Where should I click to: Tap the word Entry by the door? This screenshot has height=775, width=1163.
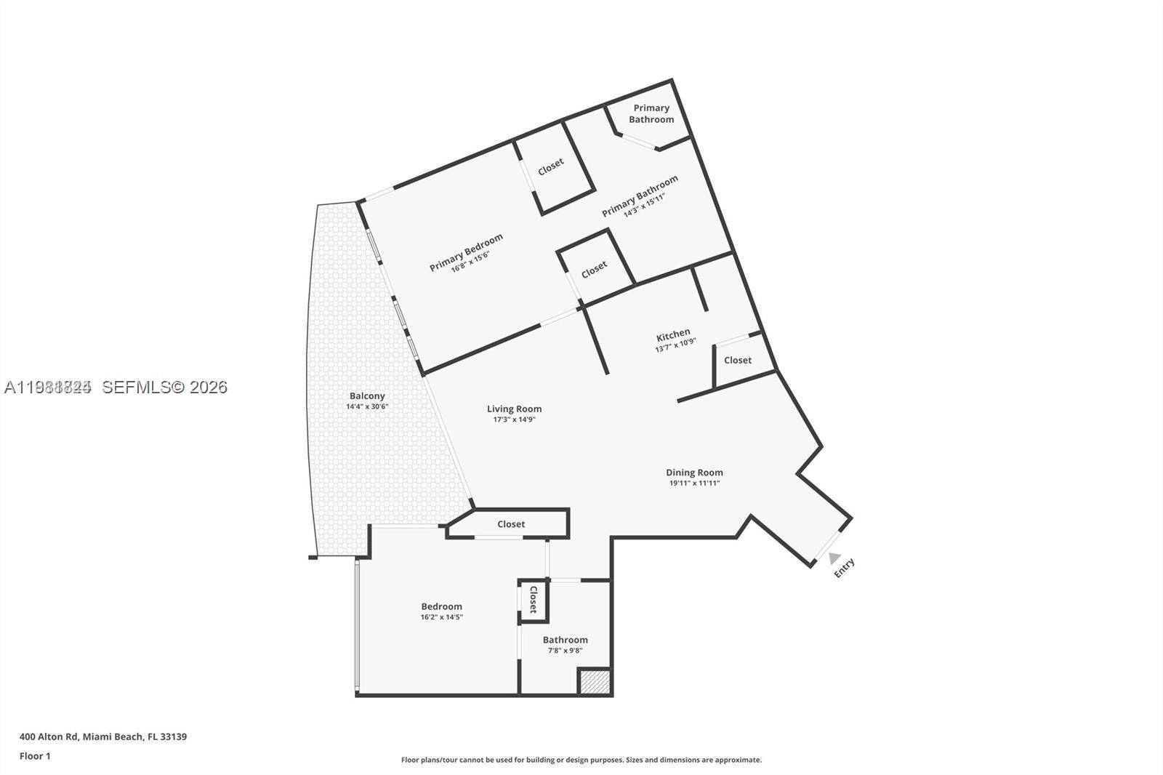tap(844, 567)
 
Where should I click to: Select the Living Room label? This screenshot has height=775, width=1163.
tap(514, 409)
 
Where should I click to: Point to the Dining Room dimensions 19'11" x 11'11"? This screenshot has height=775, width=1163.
tap(694, 483)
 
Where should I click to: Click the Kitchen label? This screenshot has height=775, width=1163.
tap(673, 334)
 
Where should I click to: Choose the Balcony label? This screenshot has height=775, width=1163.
tap(367, 396)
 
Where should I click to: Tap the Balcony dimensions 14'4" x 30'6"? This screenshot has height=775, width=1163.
tap(367, 406)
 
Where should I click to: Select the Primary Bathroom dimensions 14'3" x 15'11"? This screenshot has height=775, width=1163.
tap(644, 206)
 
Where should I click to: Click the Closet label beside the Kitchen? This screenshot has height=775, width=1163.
tap(738, 361)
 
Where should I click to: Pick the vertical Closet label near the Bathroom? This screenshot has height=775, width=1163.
tap(533, 600)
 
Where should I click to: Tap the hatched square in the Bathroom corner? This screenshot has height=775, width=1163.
tap(594, 682)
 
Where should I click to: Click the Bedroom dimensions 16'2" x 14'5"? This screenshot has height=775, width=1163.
tap(441, 617)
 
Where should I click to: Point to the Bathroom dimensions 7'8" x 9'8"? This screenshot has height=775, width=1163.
tap(565, 651)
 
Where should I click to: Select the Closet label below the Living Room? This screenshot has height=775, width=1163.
tap(511, 524)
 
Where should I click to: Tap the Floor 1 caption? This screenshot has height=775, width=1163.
tap(35, 756)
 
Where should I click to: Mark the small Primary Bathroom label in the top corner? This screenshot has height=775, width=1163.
tap(651, 113)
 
